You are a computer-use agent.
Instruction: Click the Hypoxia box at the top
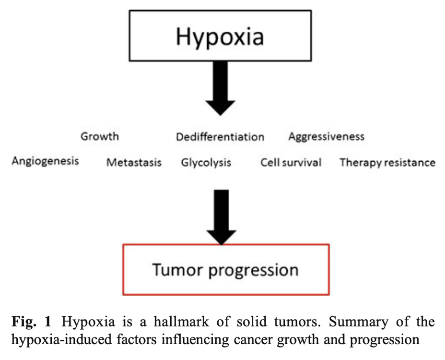pos(220,36)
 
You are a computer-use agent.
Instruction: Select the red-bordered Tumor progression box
pos(226,269)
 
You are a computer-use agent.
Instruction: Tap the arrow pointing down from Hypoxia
pos(220,88)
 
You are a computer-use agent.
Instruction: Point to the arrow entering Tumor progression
pos(222,217)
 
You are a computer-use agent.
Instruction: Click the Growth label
pos(100,136)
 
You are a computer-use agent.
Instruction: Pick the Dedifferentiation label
pos(220,137)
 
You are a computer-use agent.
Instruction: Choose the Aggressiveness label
pos(327,137)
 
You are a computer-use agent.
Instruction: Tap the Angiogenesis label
pos(46,161)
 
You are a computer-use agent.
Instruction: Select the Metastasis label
pos(134,162)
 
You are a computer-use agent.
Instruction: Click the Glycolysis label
pos(206,163)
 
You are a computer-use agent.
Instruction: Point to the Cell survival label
pos(291,162)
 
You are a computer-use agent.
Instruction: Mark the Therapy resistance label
pos(387,163)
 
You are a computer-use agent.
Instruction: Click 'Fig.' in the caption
pos(24,322)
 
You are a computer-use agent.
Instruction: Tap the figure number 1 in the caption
pos(47,322)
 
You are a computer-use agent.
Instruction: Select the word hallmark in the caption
pos(181,322)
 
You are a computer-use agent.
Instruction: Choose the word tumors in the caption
pos(297,322)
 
